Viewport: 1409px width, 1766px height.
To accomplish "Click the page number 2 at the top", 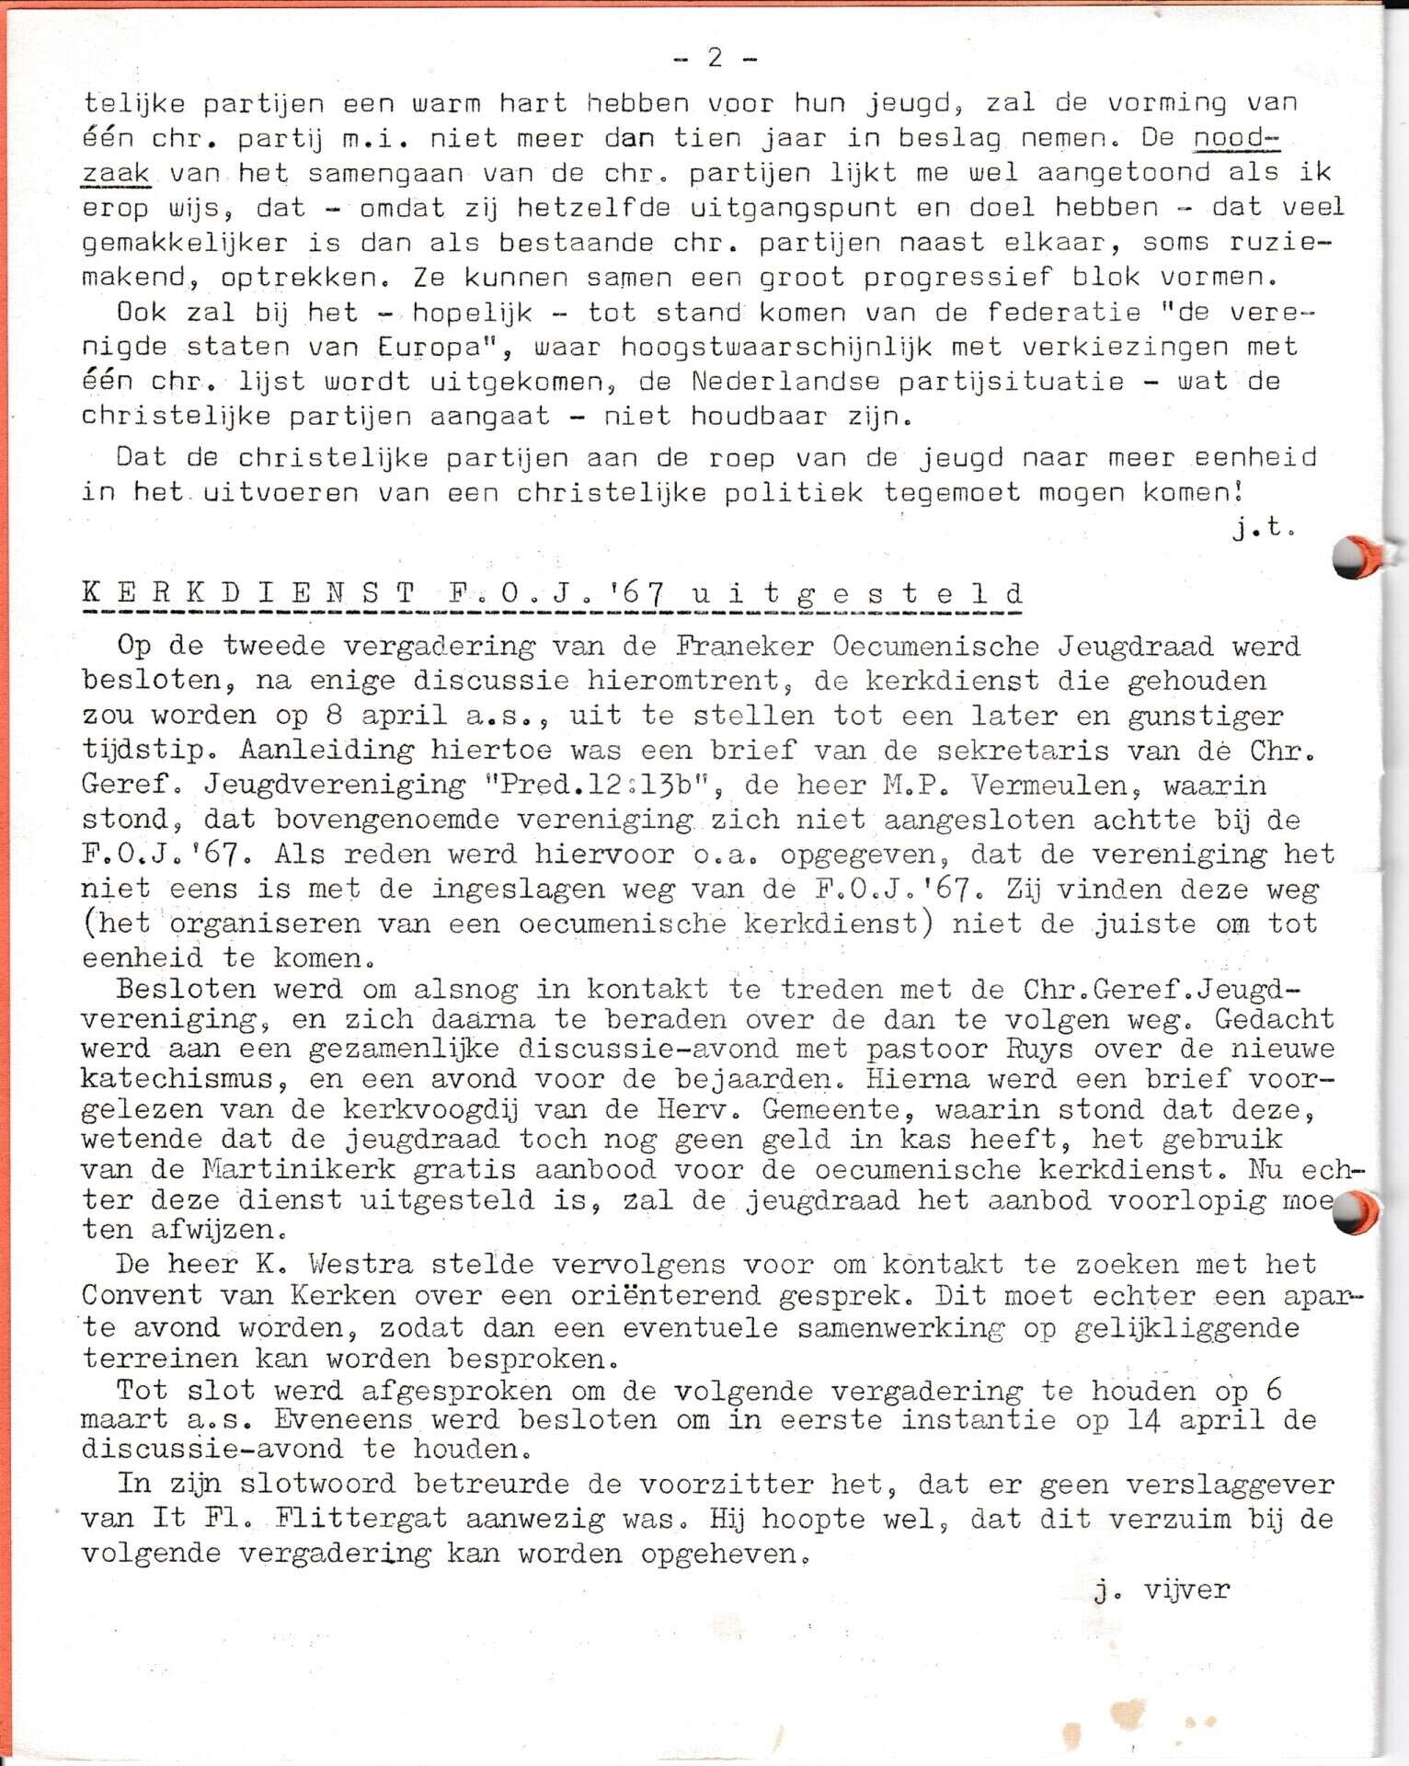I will (x=716, y=58).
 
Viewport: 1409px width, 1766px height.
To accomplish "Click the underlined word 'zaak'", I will (x=116, y=173).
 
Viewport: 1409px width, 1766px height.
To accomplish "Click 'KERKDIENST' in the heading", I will (x=248, y=593).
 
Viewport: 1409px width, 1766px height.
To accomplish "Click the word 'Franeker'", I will (x=744, y=646).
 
